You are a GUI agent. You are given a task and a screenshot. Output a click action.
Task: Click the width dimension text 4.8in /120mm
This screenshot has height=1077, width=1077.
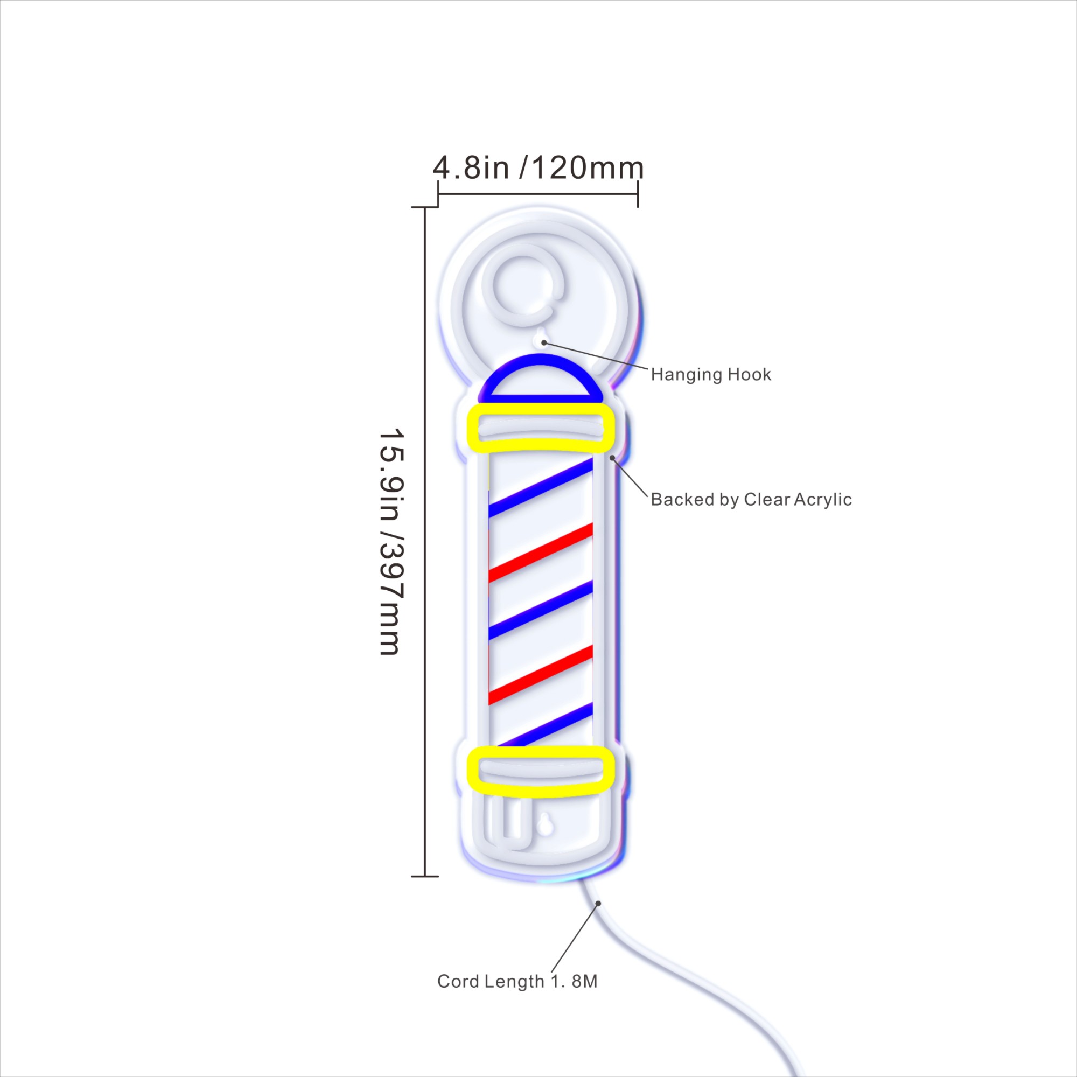pyautogui.click(x=538, y=168)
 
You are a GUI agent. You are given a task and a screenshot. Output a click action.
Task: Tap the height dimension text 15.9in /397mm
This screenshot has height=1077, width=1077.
pyautogui.click(x=390, y=542)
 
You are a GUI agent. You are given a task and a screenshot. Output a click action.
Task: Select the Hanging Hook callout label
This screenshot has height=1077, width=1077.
pyautogui.click(x=711, y=375)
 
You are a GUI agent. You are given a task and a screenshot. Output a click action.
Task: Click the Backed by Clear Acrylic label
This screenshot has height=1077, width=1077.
pyautogui.click(x=751, y=500)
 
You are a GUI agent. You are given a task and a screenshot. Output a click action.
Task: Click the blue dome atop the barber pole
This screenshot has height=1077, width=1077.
pyautogui.click(x=540, y=360)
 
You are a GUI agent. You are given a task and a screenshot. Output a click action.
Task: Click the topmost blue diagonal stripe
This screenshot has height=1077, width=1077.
pyautogui.click(x=541, y=488)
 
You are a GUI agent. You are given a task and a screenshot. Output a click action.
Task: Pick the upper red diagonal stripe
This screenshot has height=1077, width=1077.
pyautogui.click(x=541, y=553)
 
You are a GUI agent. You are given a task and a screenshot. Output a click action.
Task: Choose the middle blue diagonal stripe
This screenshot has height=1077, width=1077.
pyautogui.click(x=541, y=611)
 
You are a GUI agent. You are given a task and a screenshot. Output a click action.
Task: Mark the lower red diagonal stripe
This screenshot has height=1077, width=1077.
pyautogui.click(x=541, y=675)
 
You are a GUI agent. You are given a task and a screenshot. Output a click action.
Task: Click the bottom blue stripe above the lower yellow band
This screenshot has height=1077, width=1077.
pyautogui.click(x=545, y=725)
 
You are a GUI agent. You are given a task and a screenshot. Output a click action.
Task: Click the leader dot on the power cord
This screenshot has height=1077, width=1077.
pyautogui.click(x=598, y=904)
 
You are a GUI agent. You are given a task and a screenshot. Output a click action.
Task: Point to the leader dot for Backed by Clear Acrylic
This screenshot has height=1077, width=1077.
pyautogui.click(x=612, y=458)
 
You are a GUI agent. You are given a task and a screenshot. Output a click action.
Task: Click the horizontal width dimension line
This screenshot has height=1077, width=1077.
pyautogui.click(x=538, y=194)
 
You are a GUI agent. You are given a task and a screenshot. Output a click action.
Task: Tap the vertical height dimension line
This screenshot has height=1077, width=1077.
pyautogui.click(x=425, y=542)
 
